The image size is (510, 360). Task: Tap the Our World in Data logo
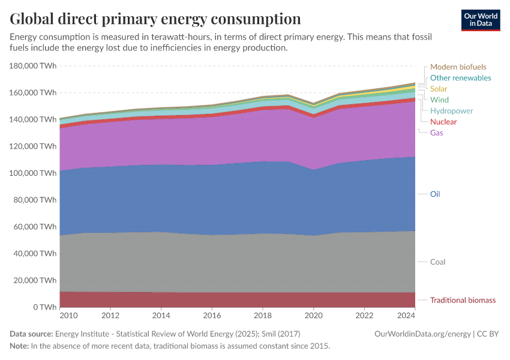[480, 20]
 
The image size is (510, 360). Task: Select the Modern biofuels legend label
[458, 67]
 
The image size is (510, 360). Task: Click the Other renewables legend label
[460, 78]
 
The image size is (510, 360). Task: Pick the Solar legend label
[439, 89]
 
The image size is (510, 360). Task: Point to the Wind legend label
[439, 100]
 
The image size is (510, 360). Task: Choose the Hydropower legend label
[451, 111]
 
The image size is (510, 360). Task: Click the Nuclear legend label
[443, 122]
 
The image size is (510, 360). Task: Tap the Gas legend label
[436, 133]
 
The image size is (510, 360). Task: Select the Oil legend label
[435, 194]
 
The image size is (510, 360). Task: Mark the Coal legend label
[437, 262]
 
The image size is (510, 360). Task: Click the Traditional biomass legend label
[463, 300]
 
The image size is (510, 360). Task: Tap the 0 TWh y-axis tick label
[44, 307]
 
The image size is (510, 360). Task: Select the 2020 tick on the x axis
[313, 316]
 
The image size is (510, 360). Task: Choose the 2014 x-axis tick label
[161, 316]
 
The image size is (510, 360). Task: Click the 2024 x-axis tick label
[407, 316]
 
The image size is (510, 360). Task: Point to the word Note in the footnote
[19, 346]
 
